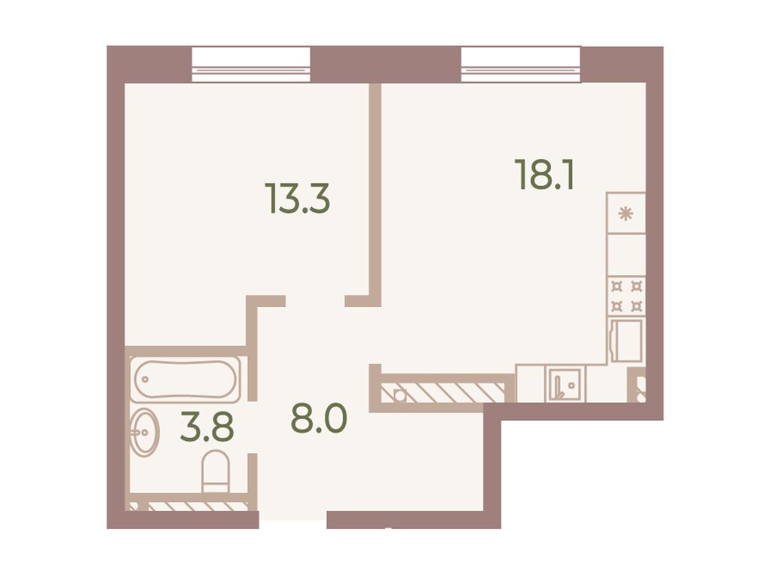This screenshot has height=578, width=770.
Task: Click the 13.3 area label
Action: pyautogui.click(x=298, y=198)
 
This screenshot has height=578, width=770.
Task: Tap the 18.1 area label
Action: pyautogui.click(x=544, y=174)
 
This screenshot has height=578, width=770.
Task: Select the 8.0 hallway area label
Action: pyautogui.click(x=319, y=418)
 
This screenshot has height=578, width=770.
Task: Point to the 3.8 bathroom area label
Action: pyautogui.click(x=207, y=427)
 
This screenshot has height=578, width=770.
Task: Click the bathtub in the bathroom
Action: pyautogui.click(x=185, y=380)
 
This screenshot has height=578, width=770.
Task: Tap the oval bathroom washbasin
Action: pyautogui.click(x=144, y=433)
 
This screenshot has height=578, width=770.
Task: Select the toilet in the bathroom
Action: pyautogui.click(x=216, y=471)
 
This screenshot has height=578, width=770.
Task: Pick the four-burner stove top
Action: pyautogui.click(x=626, y=297)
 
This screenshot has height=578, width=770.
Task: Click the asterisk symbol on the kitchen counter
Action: pyautogui.click(x=625, y=214)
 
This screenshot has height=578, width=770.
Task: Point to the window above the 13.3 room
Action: pyautogui.click(x=251, y=65)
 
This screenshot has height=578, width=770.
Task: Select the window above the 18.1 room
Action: pyautogui.click(x=521, y=65)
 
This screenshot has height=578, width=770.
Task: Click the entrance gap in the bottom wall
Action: pyautogui.click(x=293, y=519)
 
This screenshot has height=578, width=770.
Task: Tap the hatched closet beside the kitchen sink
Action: pyautogui.click(x=442, y=392)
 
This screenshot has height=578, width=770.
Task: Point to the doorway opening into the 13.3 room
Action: pyautogui.click(x=315, y=301)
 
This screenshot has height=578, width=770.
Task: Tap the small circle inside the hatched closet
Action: pyautogui.click(x=400, y=394)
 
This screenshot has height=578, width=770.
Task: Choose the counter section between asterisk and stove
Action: pyautogui.click(x=626, y=254)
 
